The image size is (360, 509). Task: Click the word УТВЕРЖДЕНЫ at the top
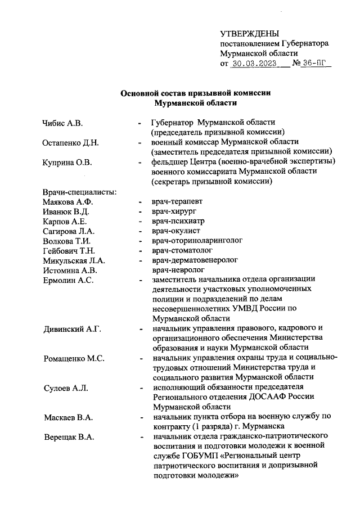pyautogui.click(x=249, y=34)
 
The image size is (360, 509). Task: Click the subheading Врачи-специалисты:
pyautogui.click(x=79, y=192)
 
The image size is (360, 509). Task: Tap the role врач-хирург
pyautogui.click(x=173, y=211)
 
